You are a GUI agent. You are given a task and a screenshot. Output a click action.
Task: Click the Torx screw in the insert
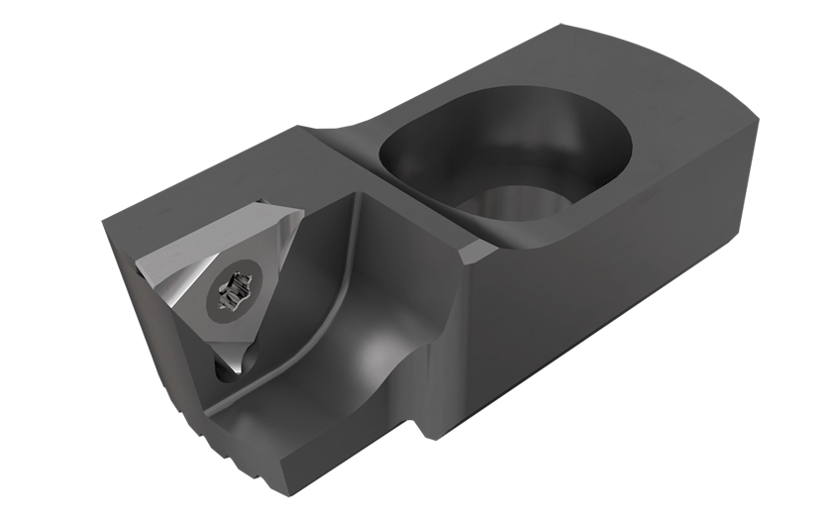[231, 292]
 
